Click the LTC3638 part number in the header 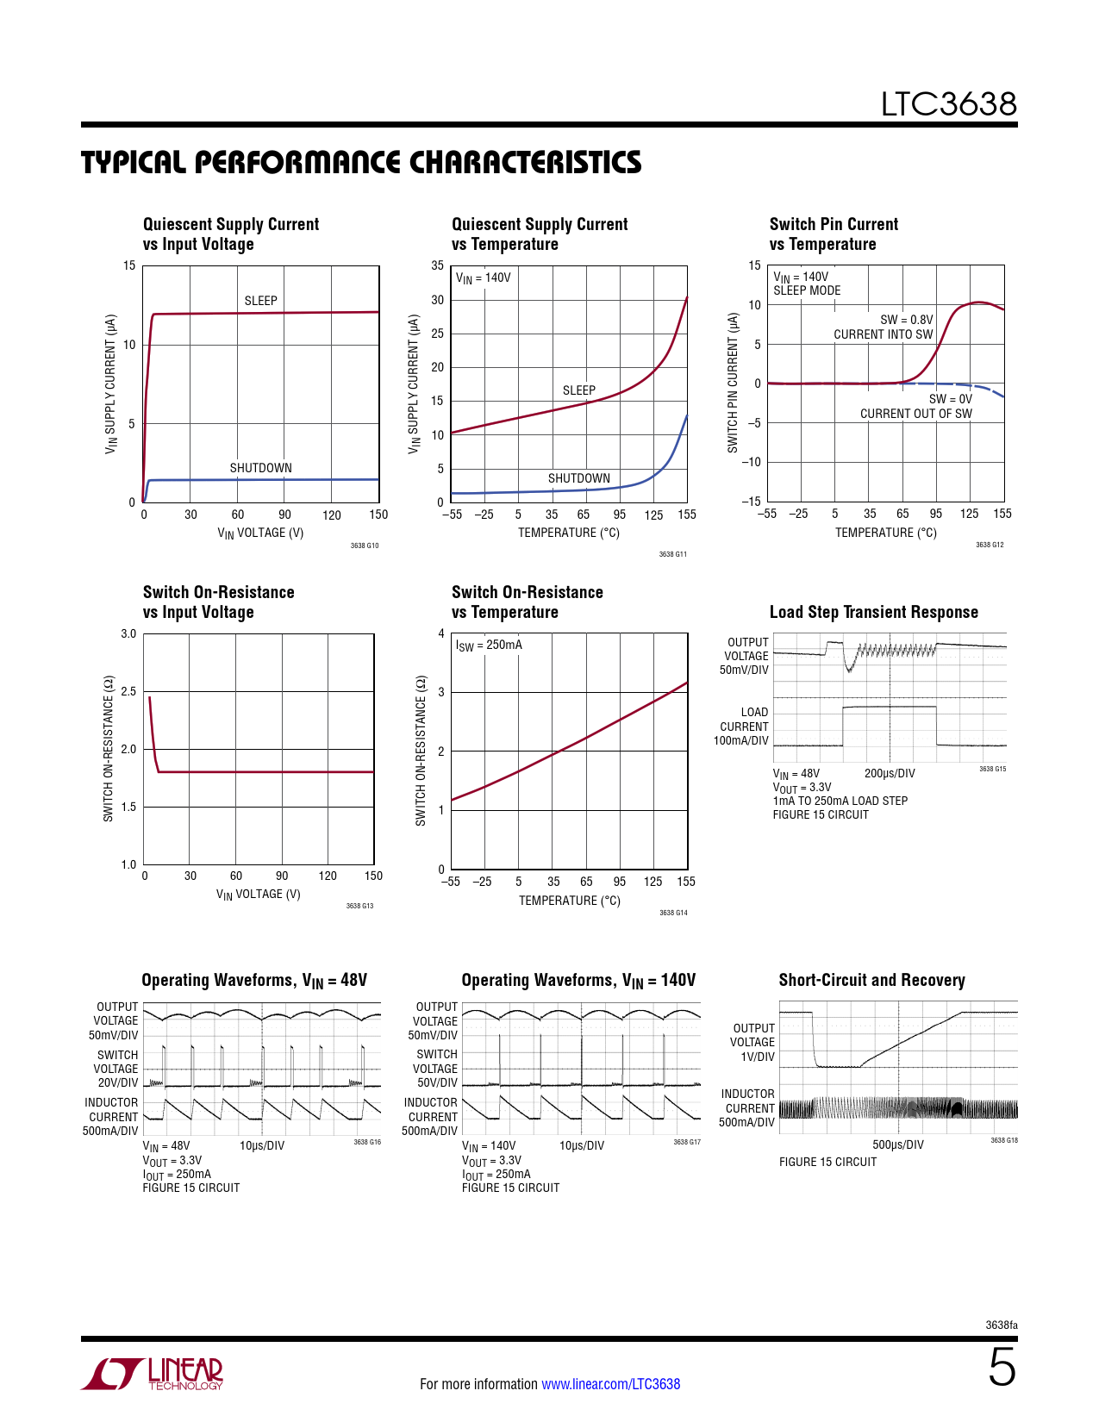948,104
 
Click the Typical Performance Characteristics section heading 361,163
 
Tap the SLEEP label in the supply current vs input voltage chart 260,301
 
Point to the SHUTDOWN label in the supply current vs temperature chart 578,478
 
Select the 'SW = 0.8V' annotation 906,320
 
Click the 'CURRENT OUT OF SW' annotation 915,414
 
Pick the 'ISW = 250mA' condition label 489,646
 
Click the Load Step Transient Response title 873,612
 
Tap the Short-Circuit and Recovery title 871,980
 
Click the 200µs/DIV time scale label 890,774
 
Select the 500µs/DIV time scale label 897,1144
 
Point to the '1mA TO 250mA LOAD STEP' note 840,801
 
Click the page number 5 1002,1368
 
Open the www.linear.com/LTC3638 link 610,1384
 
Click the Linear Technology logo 153,1374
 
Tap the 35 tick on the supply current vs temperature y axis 438,265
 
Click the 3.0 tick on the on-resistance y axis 128,633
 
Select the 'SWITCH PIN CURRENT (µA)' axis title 733,383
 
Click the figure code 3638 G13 359,906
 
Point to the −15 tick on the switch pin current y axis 752,501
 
